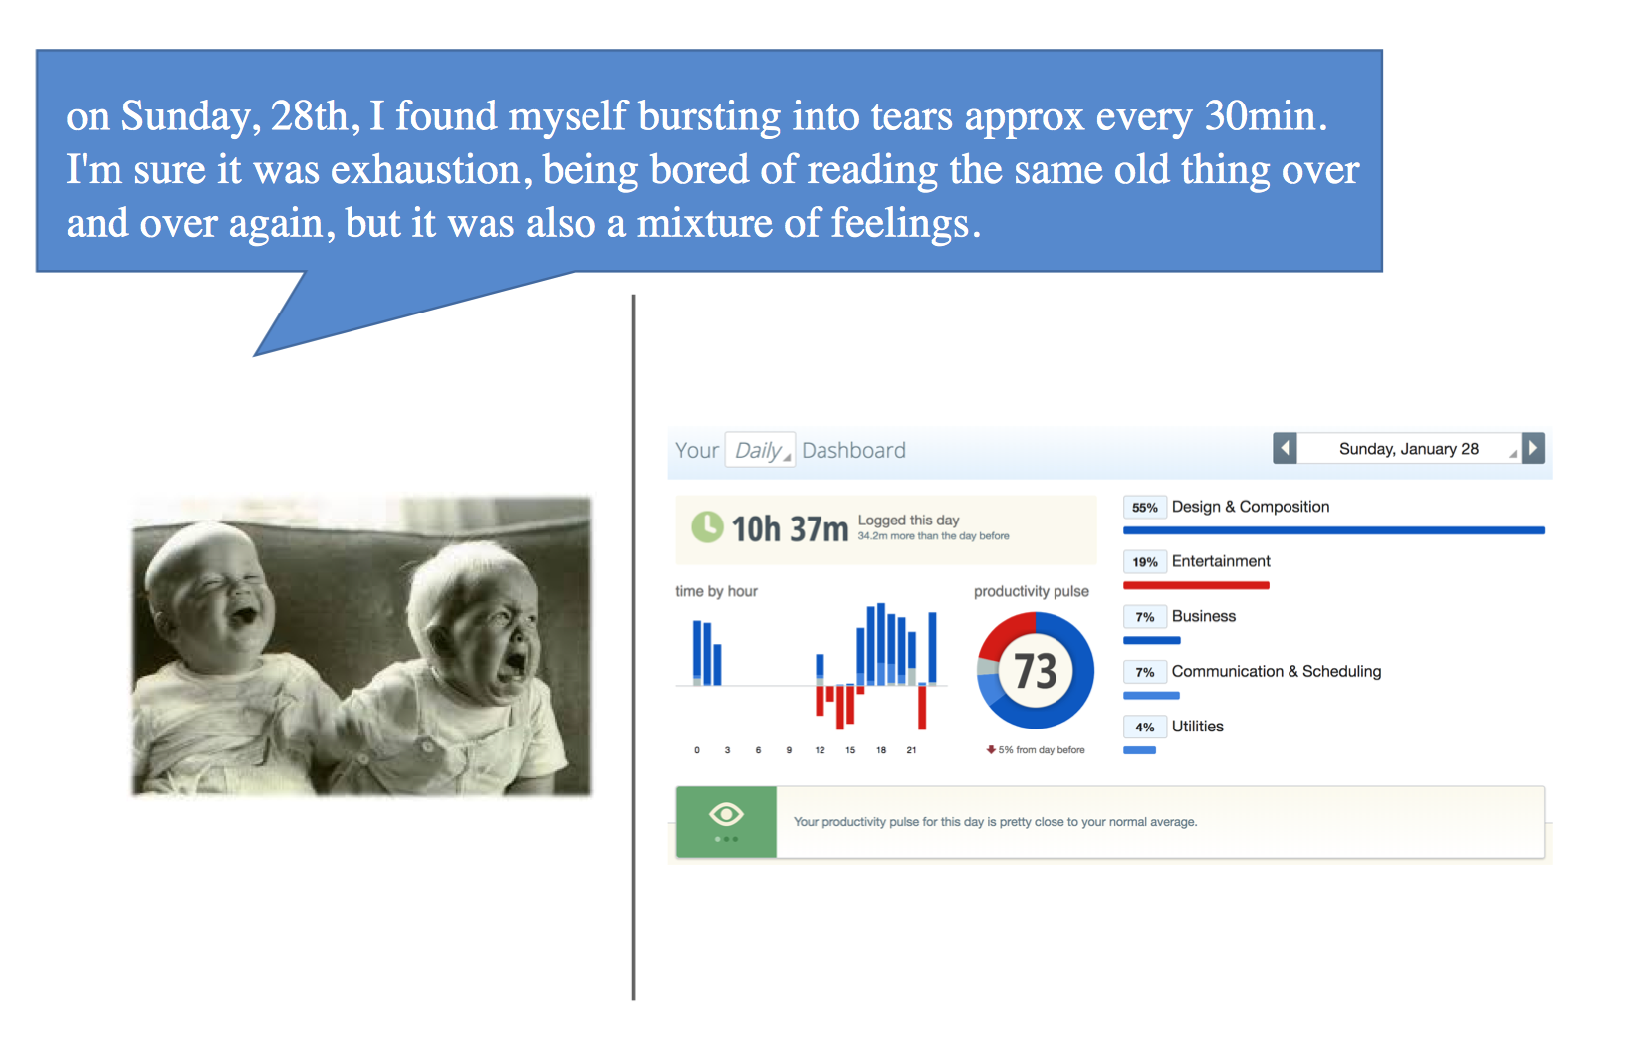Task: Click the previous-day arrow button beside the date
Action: pos(1285,449)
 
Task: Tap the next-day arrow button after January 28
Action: pos(1532,449)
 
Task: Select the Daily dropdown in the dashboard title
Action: pos(760,450)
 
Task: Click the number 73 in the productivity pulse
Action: pos(1035,671)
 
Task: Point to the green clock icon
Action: pos(707,526)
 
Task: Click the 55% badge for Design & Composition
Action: pos(1144,508)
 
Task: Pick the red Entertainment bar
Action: pos(1196,585)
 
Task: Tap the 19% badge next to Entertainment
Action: pos(1144,562)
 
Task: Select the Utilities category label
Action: pos(1197,727)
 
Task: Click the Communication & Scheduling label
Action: pos(1277,671)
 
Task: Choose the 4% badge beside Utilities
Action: pos(1144,727)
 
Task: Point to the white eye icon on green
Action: pos(726,814)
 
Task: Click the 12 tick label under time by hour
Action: pos(820,750)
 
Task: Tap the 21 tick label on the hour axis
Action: pos(911,750)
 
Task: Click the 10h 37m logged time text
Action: pos(790,529)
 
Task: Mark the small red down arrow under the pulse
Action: pos(991,749)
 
